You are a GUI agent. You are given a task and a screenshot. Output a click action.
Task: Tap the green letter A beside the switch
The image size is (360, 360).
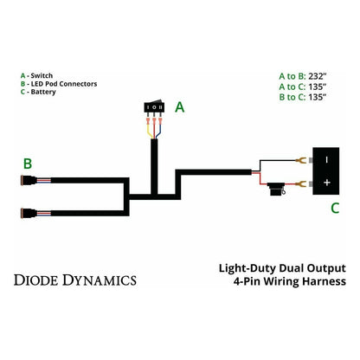[x=180, y=108]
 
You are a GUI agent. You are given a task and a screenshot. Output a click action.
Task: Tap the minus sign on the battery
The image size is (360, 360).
[x=326, y=159]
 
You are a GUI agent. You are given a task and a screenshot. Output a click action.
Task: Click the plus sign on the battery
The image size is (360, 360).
[x=326, y=183]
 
